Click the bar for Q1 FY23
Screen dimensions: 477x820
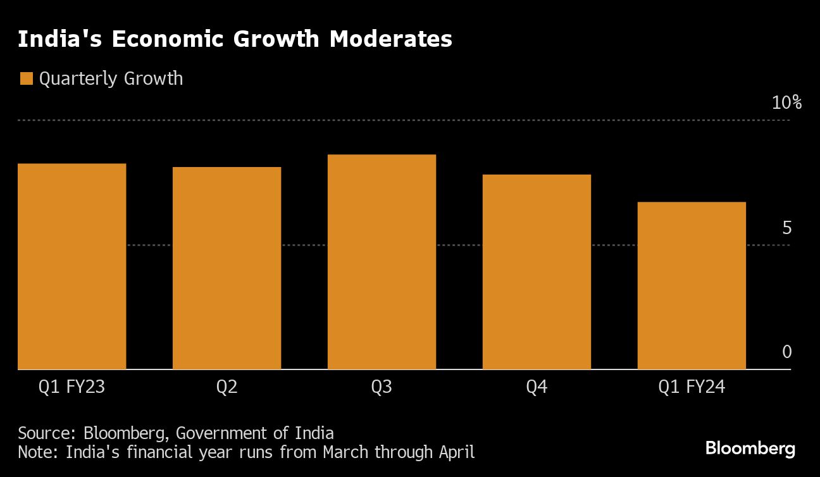(71, 266)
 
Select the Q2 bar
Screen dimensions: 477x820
(227, 268)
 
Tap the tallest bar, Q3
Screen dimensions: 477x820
(382, 261)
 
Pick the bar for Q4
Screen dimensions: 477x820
(537, 271)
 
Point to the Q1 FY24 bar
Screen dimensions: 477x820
(692, 285)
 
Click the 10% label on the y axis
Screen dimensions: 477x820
(786, 103)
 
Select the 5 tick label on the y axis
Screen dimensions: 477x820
(786, 228)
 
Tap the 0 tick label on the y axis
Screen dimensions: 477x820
(786, 352)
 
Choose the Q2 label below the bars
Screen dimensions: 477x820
(227, 387)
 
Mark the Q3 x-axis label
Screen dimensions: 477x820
(382, 387)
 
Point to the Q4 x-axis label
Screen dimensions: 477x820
(537, 387)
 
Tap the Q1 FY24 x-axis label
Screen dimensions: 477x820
(692, 387)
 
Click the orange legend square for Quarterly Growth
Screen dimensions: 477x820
(26, 78)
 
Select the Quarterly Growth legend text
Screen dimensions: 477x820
(111, 79)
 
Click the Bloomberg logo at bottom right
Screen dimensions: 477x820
(750, 449)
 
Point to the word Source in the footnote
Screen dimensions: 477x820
(46, 433)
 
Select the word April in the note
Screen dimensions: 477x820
(455, 452)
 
